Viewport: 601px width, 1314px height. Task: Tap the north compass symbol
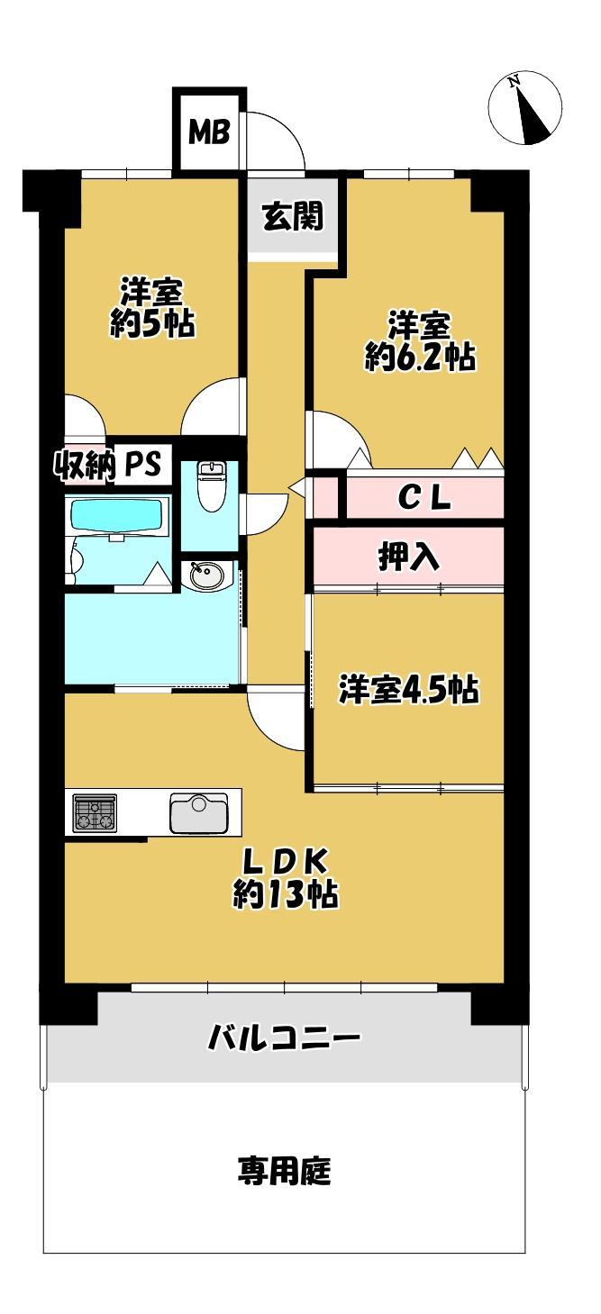click(x=524, y=108)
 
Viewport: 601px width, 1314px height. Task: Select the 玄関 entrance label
click(x=292, y=215)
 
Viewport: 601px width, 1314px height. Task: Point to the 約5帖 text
click(x=152, y=323)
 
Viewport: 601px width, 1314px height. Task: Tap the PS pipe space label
click(x=141, y=465)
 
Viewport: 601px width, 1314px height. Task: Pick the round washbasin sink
click(x=206, y=575)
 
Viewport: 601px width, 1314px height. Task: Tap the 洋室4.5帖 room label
click(x=408, y=690)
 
